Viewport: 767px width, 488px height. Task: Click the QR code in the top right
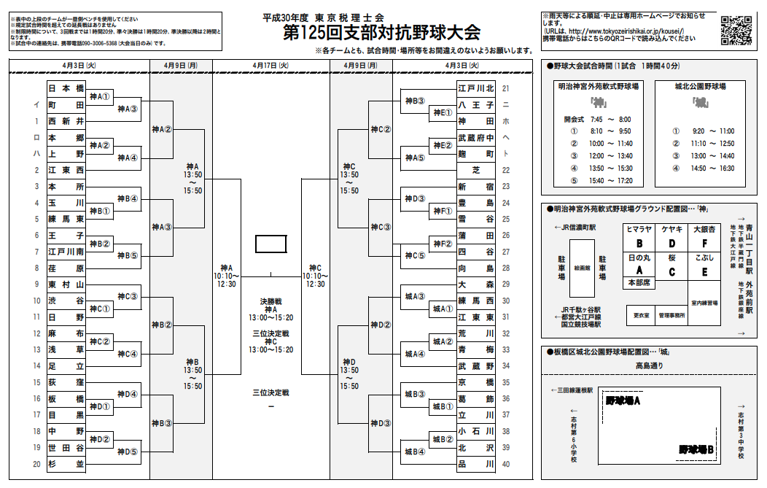click(x=737, y=30)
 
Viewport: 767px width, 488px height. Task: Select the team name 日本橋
click(x=66, y=88)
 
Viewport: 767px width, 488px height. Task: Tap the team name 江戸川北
click(x=476, y=88)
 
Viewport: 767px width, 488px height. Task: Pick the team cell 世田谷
click(x=66, y=447)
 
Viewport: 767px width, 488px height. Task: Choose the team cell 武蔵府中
click(x=476, y=138)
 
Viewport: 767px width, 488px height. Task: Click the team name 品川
click(x=476, y=464)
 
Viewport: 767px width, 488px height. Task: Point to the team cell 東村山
click(x=66, y=284)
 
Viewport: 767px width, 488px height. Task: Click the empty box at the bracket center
click(x=270, y=243)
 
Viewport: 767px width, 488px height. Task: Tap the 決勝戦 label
click(x=270, y=301)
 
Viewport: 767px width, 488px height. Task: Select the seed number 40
click(x=506, y=464)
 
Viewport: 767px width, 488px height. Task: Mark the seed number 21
click(x=506, y=88)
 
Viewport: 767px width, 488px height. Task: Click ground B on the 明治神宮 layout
click(x=639, y=243)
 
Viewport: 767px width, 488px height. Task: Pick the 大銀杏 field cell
click(x=704, y=236)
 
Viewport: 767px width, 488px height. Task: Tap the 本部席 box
click(x=639, y=282)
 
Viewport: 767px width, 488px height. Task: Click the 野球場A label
click(x=623, y=400)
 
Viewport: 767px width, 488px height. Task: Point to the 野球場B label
click(x=696, y=449)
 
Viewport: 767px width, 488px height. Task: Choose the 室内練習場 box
click(x=704, y=302)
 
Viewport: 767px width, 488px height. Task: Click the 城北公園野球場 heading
click(x=700, y=85)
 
